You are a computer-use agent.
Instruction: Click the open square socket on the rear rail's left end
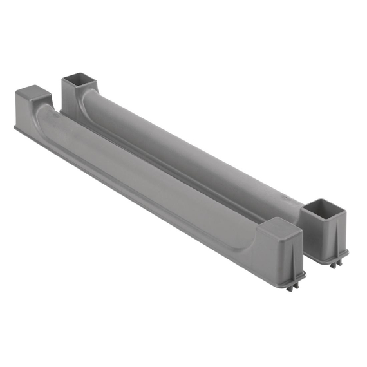[79, 82]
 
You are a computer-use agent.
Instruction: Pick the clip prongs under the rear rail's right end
[335, 263]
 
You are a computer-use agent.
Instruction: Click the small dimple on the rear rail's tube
[283, 191]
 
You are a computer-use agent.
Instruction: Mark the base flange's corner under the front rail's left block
[15, 128]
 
